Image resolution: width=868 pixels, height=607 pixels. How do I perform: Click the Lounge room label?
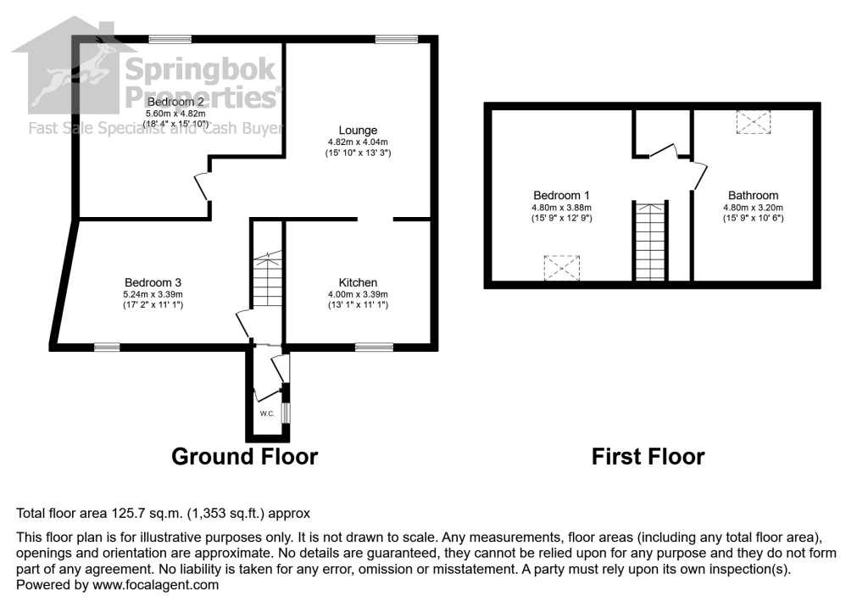click(x=358, y=130)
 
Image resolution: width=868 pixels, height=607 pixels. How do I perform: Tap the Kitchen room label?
click(x=358, y=282)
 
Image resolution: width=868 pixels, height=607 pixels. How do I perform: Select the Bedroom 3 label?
click(x=153, y=282)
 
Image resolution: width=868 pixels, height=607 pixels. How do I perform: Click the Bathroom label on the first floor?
click(x=751, y=195)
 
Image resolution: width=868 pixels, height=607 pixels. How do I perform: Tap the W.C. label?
click(x=266, y=414)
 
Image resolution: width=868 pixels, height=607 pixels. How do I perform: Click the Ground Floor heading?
click(x=244, y=457)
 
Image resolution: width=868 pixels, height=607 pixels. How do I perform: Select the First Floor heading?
click(x=648, y=457)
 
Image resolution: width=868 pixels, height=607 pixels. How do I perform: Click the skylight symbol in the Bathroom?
click(x=752, y=122)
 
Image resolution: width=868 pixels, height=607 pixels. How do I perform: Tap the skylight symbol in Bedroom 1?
click(x=560, y=268)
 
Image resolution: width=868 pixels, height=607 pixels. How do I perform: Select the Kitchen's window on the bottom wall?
click(x=374, y=346)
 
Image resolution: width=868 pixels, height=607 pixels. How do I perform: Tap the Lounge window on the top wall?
click(x=397, y=39)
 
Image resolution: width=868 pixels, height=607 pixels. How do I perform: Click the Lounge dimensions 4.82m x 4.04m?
click(x=358, y=142)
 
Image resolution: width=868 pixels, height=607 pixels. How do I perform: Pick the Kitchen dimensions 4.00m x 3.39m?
click(x=358, y=294)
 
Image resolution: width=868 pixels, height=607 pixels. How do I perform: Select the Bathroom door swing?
click(x=698, y=175)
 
